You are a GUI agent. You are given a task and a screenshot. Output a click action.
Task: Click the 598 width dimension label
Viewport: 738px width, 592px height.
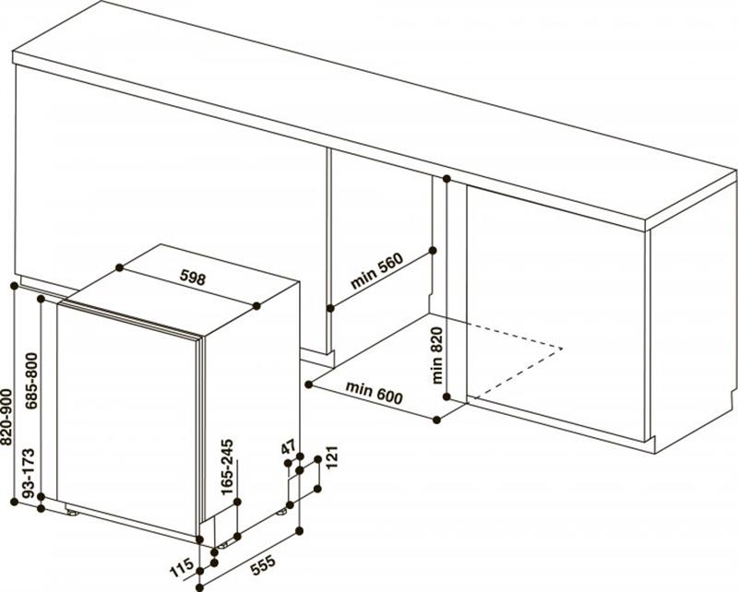click(193, 278)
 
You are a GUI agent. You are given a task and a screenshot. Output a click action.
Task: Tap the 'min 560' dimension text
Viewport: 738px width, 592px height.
click(377, 271)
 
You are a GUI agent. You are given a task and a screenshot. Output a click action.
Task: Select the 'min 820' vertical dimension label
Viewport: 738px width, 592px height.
click(436, 355)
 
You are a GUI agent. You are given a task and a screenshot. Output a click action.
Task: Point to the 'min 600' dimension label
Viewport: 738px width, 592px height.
click(375, 394)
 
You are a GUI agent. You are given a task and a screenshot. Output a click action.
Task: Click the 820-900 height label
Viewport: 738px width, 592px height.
click(6, 417)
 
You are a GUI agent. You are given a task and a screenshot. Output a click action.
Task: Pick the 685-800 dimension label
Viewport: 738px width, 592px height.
click(31, 381)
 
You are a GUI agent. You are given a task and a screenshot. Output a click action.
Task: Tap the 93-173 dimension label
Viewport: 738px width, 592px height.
click(29, 472)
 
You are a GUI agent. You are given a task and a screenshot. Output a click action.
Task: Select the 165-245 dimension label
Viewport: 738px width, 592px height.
click(227, 468)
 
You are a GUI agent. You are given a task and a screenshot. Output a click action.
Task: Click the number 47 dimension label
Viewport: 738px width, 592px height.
click(288, 447)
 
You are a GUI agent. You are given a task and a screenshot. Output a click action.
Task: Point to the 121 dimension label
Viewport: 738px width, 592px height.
click(332, 456)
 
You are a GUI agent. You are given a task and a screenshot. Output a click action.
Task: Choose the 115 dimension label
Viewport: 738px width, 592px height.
click(182, 567)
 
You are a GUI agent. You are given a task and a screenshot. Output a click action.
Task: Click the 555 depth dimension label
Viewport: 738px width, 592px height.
click(262, 564)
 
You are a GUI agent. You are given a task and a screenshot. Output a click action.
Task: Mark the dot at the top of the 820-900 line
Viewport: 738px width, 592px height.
click(14, 286)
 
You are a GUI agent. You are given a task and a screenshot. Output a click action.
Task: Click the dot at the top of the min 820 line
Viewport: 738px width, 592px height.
click(446, 178)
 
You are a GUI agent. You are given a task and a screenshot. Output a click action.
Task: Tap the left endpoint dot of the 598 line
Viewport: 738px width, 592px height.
click(119, 267)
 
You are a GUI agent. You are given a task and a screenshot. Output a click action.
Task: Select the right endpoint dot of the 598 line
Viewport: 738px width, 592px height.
click(256, 306)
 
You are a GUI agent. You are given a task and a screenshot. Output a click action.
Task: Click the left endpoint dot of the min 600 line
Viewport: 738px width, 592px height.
click(309, 385)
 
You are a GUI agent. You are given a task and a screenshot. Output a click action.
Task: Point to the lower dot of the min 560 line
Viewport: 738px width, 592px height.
click(330, 308)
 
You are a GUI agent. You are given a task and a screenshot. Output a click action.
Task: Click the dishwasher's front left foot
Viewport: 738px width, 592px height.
click(72, 512)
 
